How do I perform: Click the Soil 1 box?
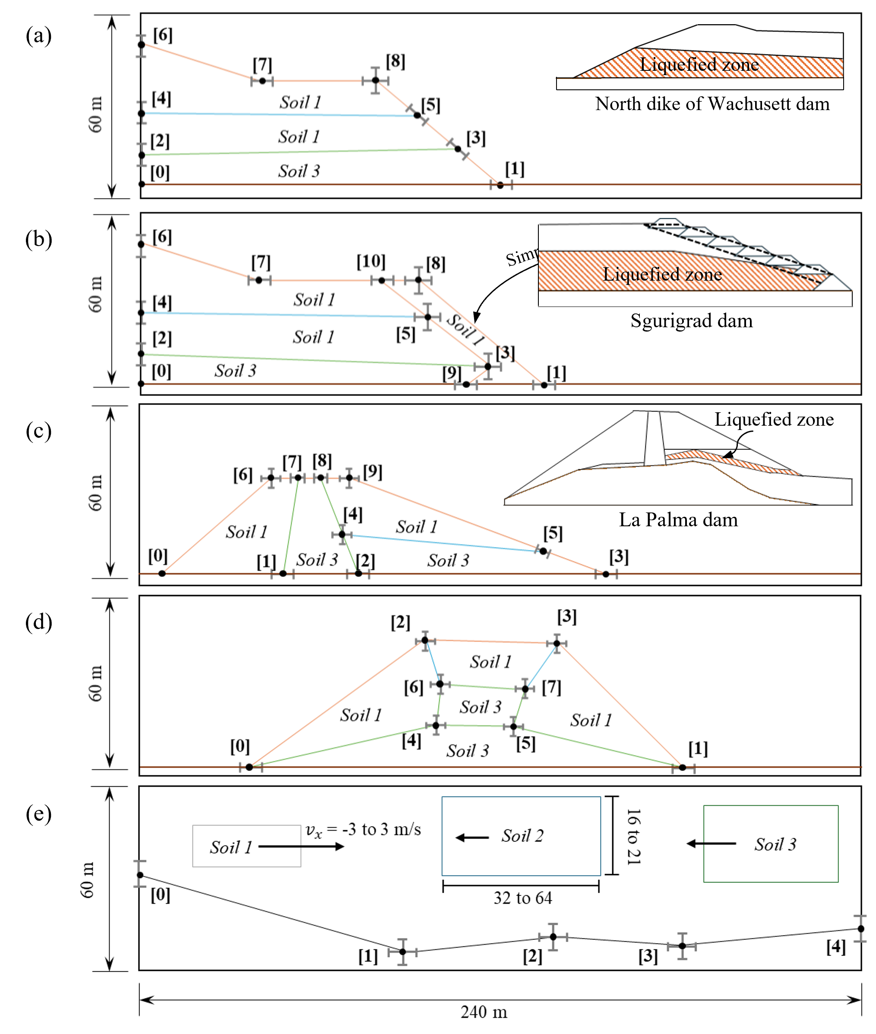click(x=247, y=846)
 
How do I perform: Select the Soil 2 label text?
click(x=522, y=836)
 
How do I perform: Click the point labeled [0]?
click(x=141, y=875)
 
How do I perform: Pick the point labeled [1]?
click(x=402, y=952)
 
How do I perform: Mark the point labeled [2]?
click(x=553, y=937)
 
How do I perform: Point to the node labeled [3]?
click(x=682, y=945)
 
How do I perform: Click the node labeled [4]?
click(x=860, y=928)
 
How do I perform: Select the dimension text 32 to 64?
click(x=522, y=898)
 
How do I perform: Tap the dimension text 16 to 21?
click(x=634, y=836)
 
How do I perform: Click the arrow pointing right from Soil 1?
click(x=301, y=846)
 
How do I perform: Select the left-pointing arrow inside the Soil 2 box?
click(x=472, y=838)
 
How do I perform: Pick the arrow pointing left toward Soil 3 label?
click(x=711, y=843)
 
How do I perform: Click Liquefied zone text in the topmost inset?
click(x=699, y=65)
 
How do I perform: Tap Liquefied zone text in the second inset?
click(x=662, y=274)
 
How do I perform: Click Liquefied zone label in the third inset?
click(x=774, y=420)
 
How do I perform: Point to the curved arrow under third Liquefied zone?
click(x=738, y=443)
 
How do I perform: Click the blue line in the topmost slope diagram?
click(x=278, y=114)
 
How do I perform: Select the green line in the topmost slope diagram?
click(x=298, y=152)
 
